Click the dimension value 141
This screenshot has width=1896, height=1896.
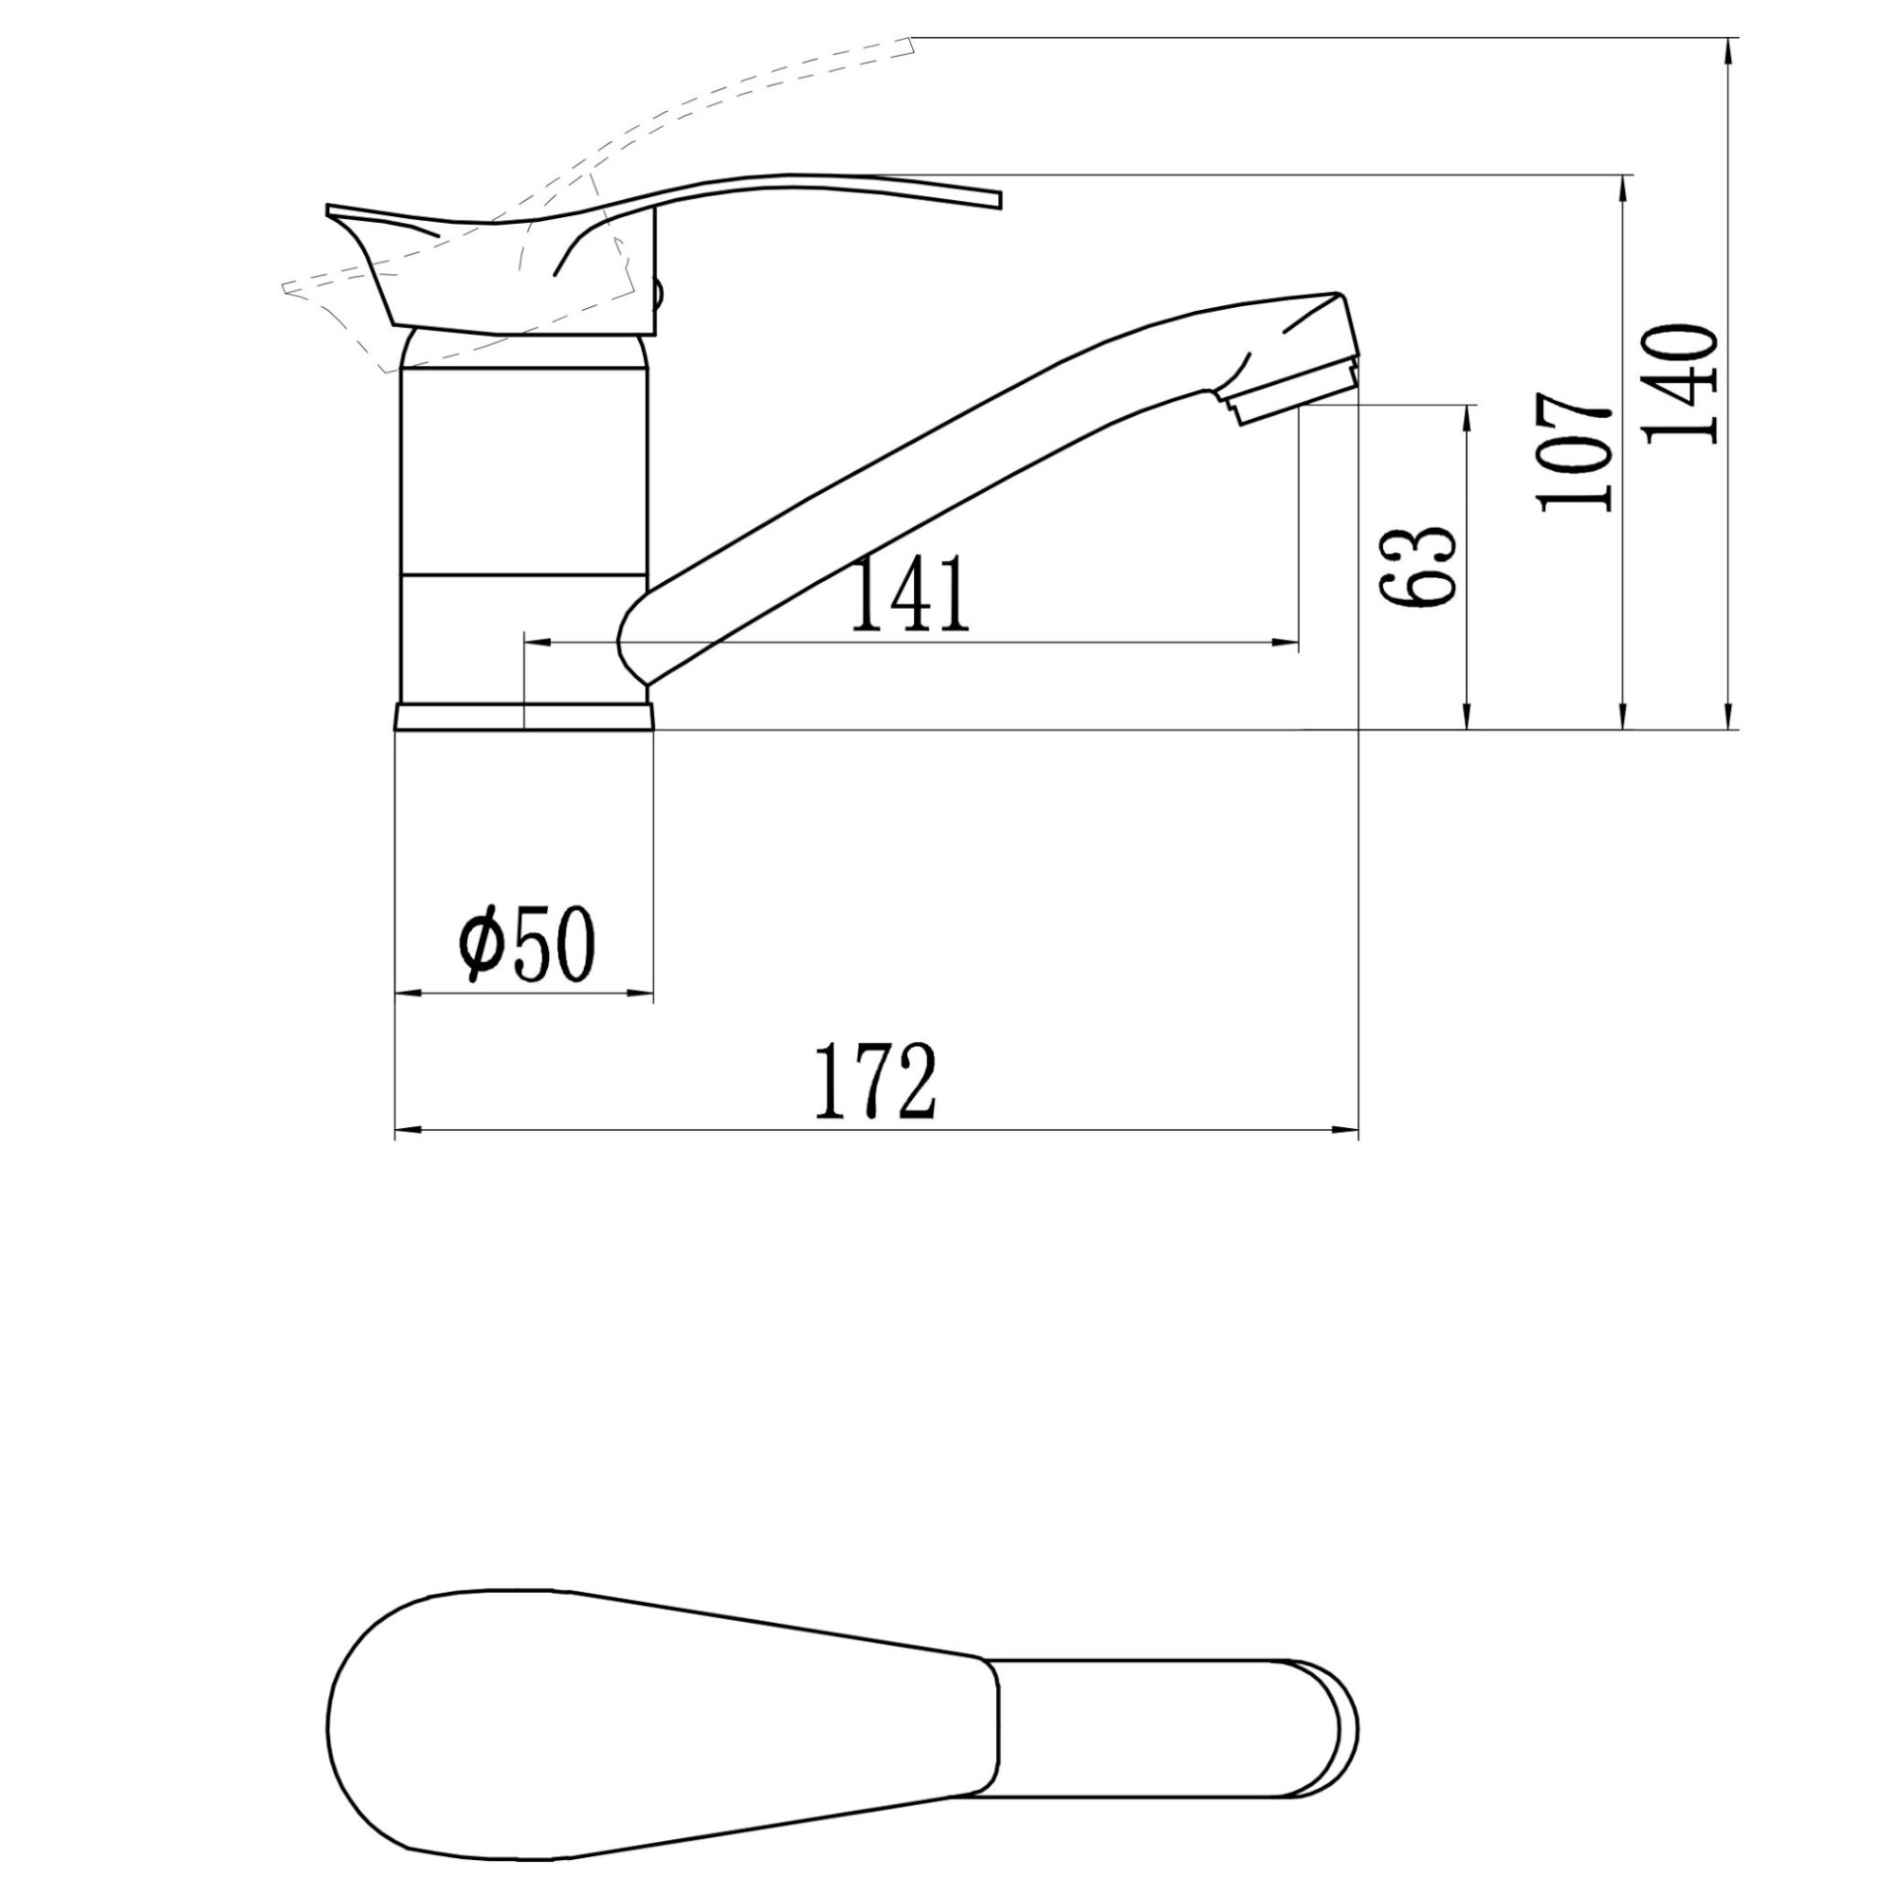click(912, 594)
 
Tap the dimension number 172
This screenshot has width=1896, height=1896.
click(875, 1083)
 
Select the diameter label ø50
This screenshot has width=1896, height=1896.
click(527, 943)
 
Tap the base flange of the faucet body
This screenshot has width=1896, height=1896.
click(523, 717)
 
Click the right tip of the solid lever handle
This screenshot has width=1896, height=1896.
click(1001, 200)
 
